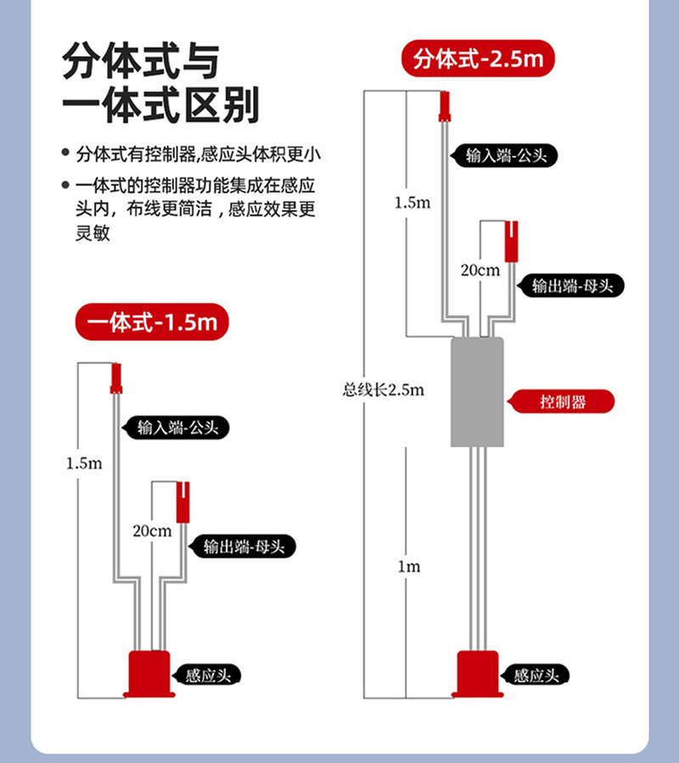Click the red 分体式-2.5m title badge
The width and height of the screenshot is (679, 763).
(x=478, y=60)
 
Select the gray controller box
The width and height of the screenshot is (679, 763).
(x=479, y=391)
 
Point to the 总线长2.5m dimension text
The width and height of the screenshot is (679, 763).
(x=383, y=390)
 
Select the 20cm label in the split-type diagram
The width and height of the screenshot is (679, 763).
(x=480, y=271)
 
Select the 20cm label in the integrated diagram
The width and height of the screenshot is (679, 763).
(x=153, y=530)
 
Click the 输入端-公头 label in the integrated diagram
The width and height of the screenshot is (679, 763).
(x=177, y=428)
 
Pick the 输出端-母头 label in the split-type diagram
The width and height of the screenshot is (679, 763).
(x=572, y=286)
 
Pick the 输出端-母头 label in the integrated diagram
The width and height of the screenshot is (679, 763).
(x=250, y=547)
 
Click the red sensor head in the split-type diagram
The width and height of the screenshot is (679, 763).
(x=478, y=674)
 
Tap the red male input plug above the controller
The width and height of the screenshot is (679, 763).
(x=444, y=108)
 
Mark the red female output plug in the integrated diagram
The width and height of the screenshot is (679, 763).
(x=182, y=501)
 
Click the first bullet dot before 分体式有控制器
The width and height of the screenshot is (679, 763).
(x=65, y=154)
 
